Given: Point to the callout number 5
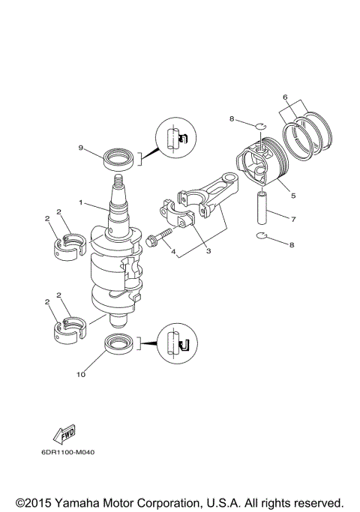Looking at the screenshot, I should tap(292, 196).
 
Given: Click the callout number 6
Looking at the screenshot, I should tap(285, 97).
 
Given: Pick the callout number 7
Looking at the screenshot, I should tap(293, 219).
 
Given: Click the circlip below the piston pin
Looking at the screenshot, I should tap(261, 238).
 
